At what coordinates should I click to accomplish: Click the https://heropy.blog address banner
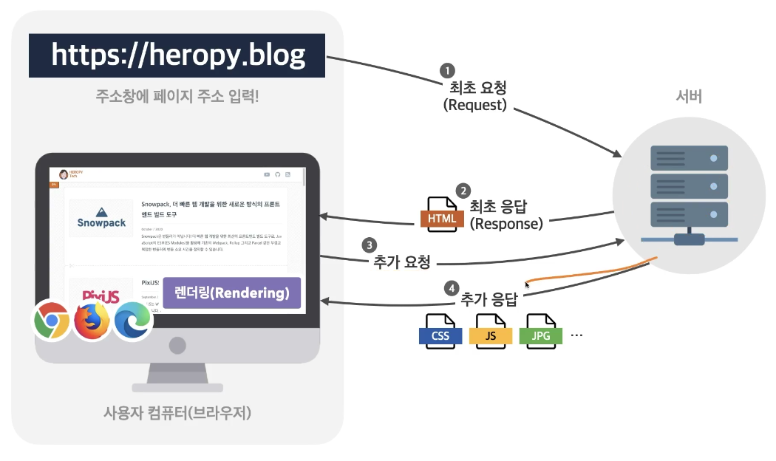click(177, 55)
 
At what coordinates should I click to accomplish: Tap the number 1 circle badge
click(446, 70)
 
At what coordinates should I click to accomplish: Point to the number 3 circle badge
click(368, 245)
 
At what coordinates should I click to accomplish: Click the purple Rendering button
click(231, 293)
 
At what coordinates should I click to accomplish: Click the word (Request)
click(474, 105)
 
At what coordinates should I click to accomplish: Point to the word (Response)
click(506, 222)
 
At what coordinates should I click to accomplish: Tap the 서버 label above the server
click(689, 97)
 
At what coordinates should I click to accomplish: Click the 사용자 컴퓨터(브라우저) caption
click(177, 412)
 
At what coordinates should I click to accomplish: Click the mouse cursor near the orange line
click(527, 284)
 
